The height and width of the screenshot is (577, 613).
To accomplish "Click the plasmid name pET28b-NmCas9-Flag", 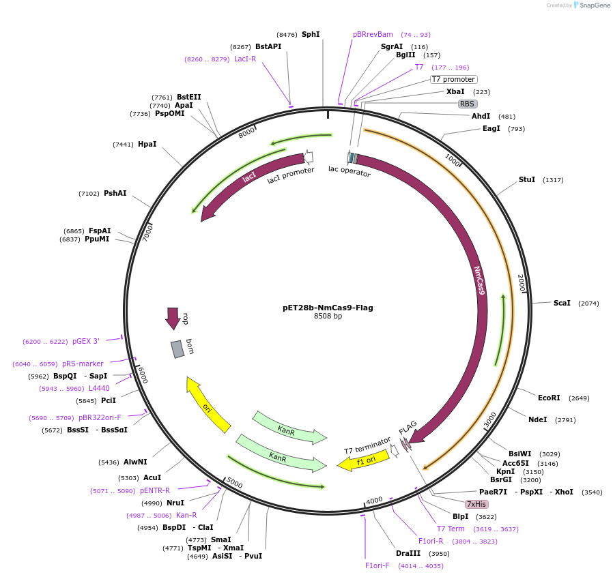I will click(328, 308).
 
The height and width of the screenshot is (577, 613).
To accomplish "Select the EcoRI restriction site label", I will click(549, 398).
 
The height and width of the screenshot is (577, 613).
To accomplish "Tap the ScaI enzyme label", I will click(562, 303).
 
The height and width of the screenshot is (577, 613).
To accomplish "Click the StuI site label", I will click(527, 179).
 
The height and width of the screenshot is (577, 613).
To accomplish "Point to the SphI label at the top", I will click(311, 34).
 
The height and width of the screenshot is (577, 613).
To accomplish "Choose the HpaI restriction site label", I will click(147, 144).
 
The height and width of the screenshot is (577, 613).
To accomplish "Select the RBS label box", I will click(467, 104).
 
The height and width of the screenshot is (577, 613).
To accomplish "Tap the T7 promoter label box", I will click(453, 79).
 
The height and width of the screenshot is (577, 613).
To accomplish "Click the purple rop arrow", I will click(173, 318).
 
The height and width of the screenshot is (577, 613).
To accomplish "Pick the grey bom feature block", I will click(177, 349).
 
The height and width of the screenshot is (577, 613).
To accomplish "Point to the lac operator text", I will click(349, 171).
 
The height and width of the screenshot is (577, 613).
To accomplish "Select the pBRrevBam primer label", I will click(373, 34).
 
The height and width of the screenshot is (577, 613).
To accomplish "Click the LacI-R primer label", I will click(245, 59).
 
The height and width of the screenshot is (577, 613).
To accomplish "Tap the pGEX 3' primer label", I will click(86, 341).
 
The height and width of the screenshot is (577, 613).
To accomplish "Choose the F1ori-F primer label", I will click(377, 565).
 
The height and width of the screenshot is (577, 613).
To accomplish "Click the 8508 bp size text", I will click(328, 316).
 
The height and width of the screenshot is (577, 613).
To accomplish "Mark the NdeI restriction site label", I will click(537, 419).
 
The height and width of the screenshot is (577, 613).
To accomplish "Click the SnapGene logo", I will click(590, 5).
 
